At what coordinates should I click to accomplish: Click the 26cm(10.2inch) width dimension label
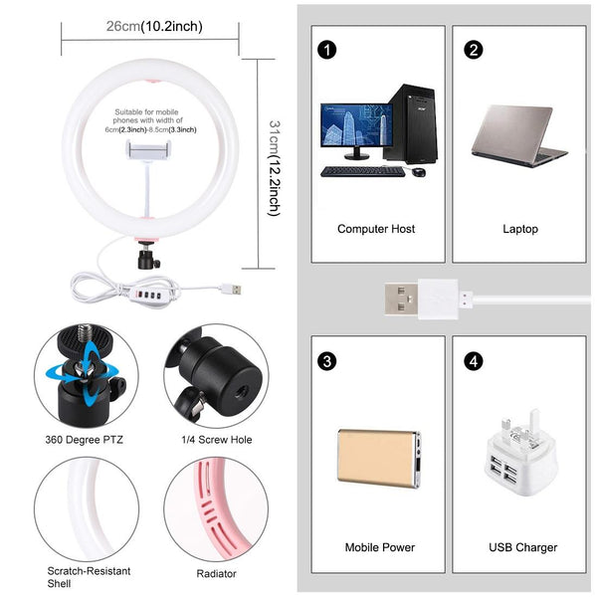(x=153, y=27)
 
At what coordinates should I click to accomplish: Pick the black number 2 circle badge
(x=474, y=50)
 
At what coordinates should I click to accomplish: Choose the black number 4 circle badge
(x=474, y=360)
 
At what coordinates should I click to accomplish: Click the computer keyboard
(x=362, y=171)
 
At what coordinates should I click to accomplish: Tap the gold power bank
(x=378, y=457)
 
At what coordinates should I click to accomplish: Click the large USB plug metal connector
(x=404, y=298)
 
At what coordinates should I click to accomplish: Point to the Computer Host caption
(x=375, y=229)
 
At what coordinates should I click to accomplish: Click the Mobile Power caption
(x=379, y=547)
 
